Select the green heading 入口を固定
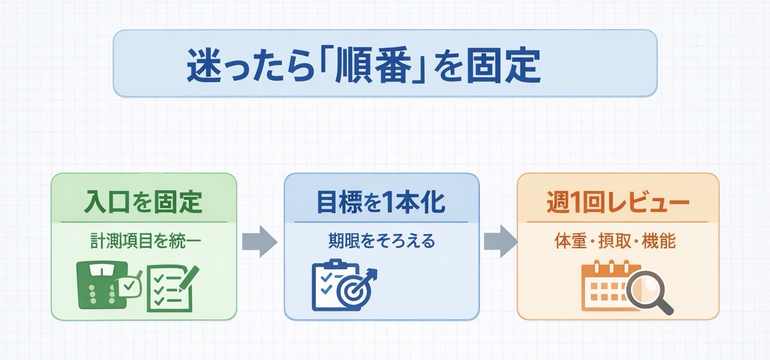click(143, 202)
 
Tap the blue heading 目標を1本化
click(381, 202)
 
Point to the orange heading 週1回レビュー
click(618, 203)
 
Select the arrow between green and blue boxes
click(259, 242)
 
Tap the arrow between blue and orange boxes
click(500, 242)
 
